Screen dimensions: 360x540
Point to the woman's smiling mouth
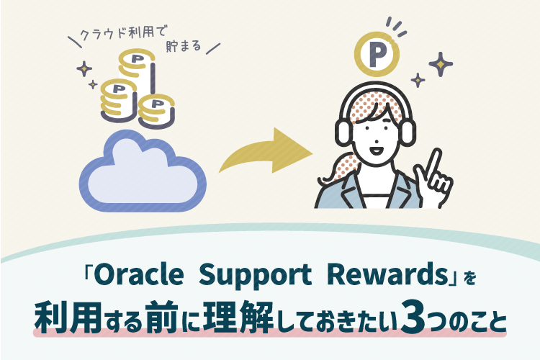[374, 152]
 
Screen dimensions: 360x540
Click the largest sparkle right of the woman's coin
[440, 64]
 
